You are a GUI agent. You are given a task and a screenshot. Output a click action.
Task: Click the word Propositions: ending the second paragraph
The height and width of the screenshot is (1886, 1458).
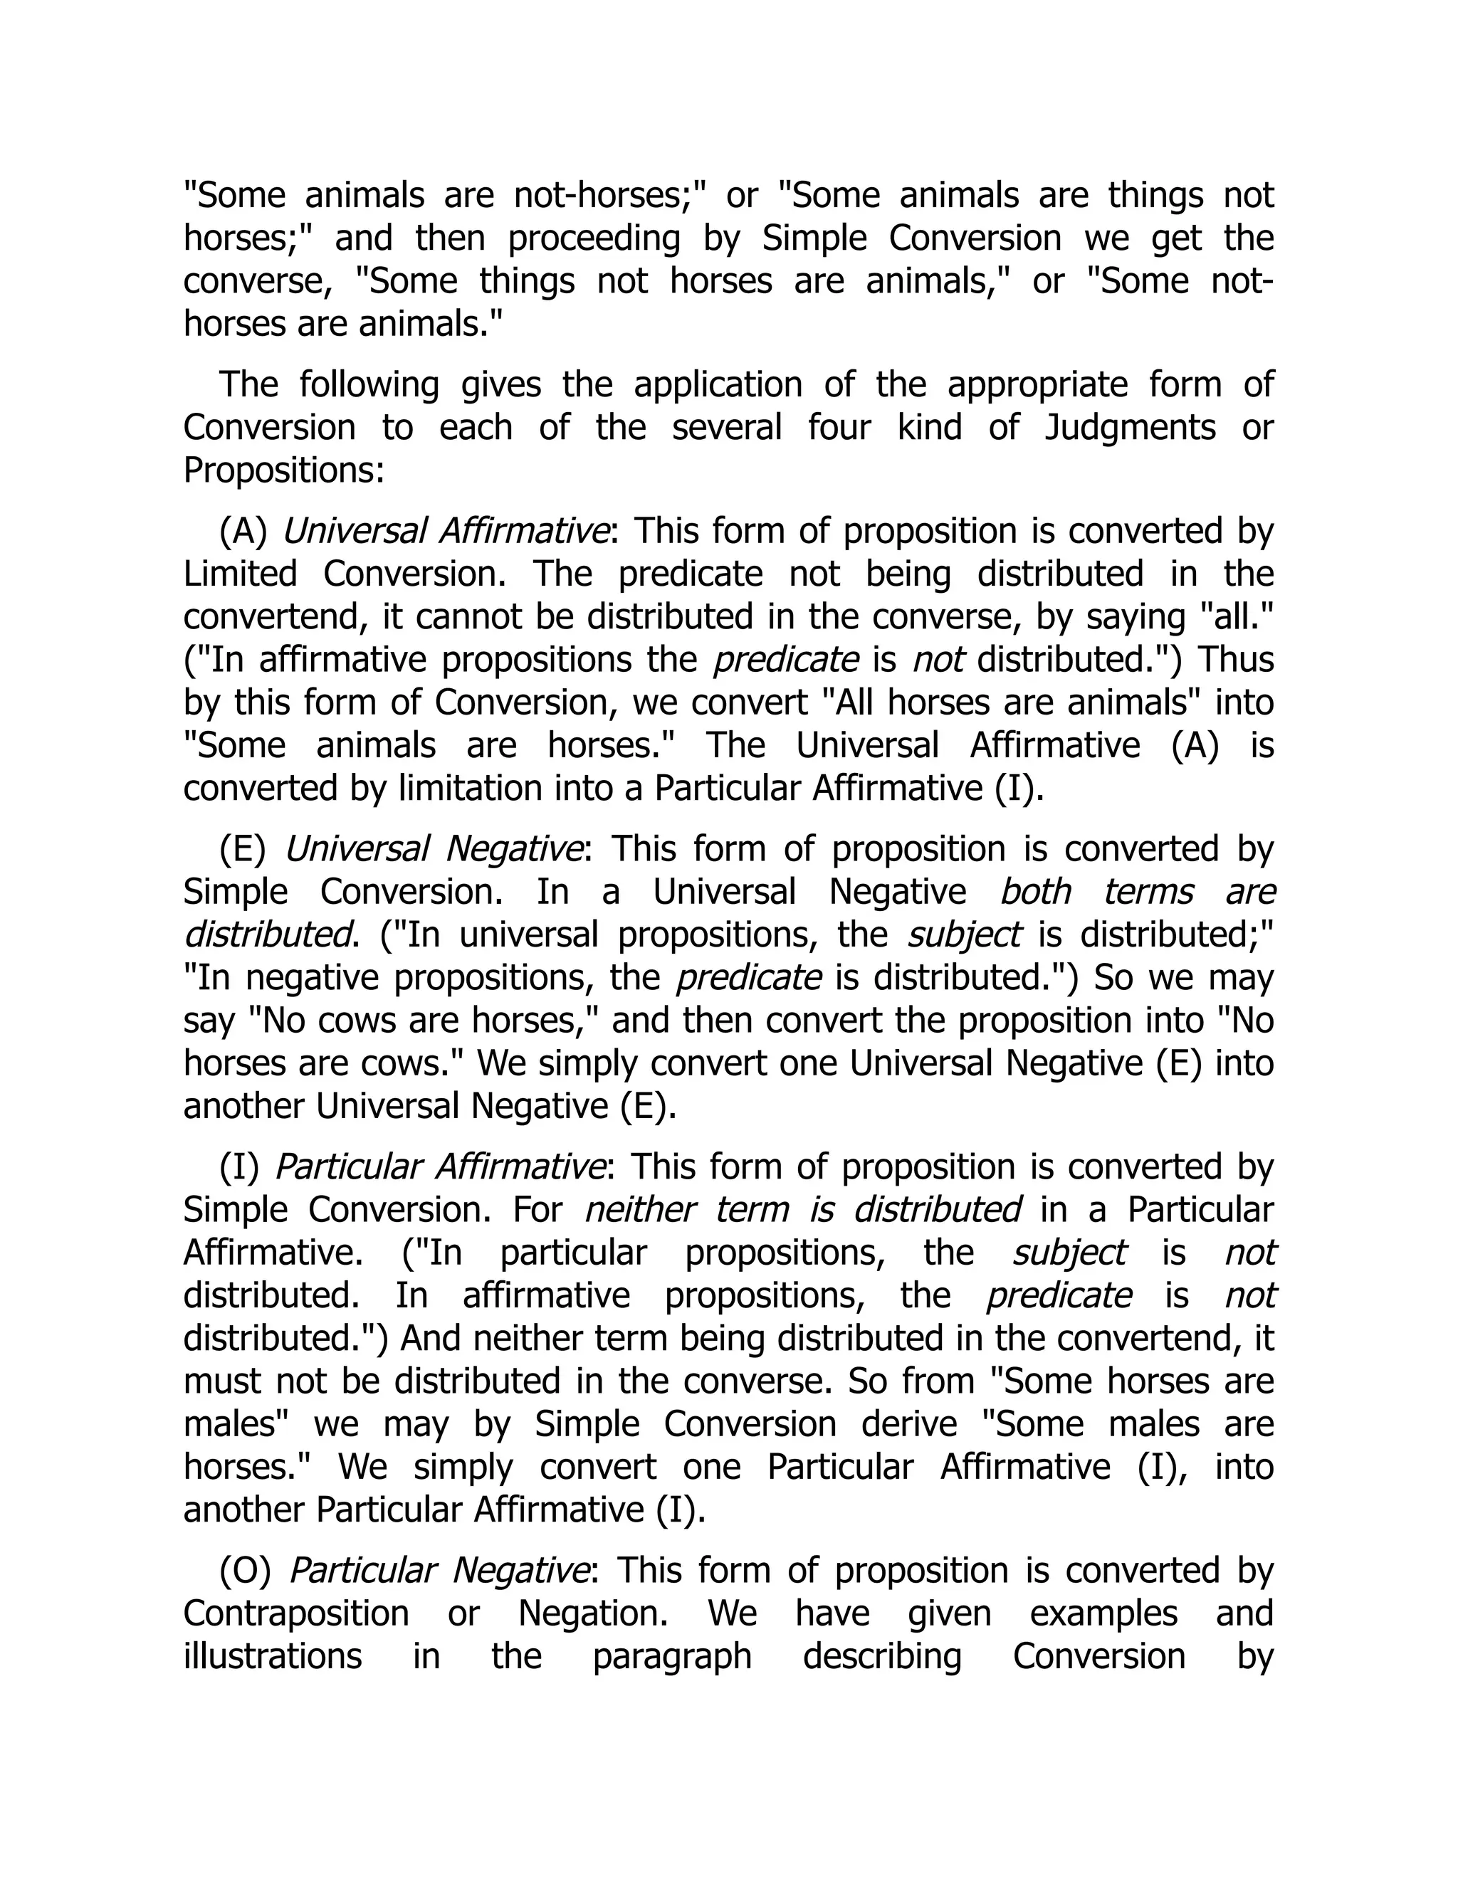283,471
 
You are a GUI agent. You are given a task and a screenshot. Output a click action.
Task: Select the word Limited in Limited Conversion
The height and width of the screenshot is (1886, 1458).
239,574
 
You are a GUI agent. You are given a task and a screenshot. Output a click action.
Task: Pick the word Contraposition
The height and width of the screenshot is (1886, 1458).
295,1614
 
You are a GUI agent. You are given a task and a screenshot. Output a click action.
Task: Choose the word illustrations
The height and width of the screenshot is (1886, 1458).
272,1656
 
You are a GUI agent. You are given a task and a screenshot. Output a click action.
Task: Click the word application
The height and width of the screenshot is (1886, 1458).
717,385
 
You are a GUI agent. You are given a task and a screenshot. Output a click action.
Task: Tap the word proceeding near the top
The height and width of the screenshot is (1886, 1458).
594,239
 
